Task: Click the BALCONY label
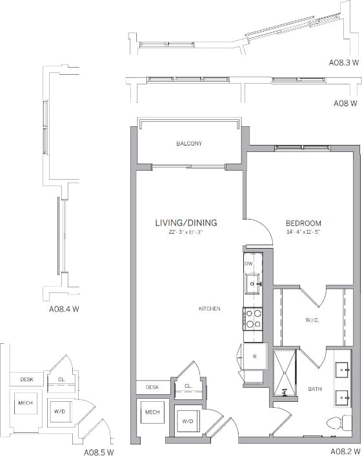point(189,144)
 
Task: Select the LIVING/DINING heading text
point(186,223)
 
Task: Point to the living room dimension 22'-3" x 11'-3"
point(186,232)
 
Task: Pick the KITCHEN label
point(209,309)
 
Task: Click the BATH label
point(314,389)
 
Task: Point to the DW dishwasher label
point(248,264)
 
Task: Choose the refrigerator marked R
point(254,356)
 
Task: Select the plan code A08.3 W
point(343,63)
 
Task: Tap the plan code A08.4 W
point(64,309)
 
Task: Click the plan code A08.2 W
point(344,451)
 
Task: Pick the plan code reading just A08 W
point(345,102)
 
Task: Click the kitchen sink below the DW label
point(252,281)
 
